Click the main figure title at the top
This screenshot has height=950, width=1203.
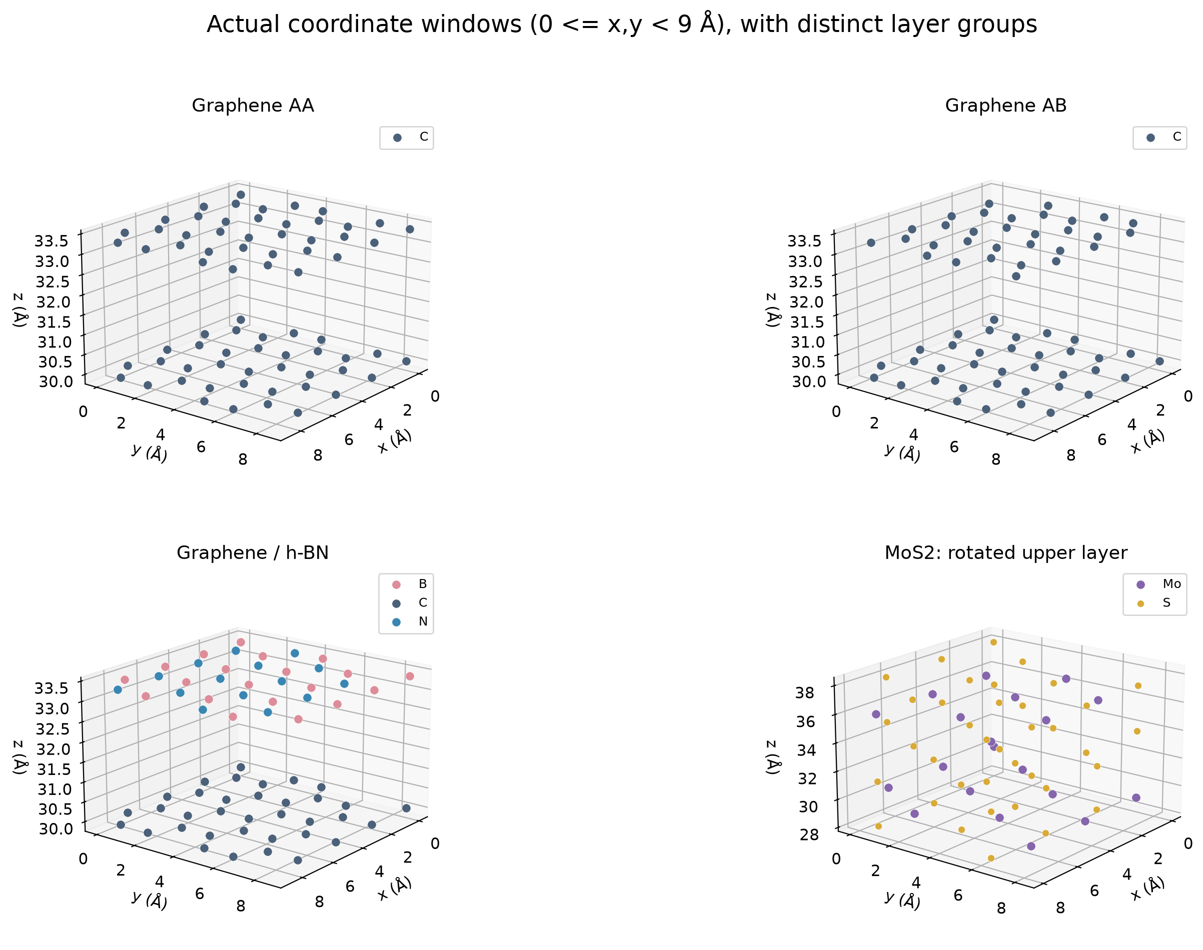(622, 24)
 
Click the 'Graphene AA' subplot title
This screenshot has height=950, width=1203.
(253, 105)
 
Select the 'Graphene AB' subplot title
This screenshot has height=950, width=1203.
(1005, 105)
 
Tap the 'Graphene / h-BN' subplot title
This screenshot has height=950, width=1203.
(253, 552)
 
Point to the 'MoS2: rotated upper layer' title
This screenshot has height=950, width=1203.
(1005, 552)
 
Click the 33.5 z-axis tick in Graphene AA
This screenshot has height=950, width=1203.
(52, 241)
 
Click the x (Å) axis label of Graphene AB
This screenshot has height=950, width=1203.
(1147, 441)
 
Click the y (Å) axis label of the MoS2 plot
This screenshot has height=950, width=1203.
(902, 899)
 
